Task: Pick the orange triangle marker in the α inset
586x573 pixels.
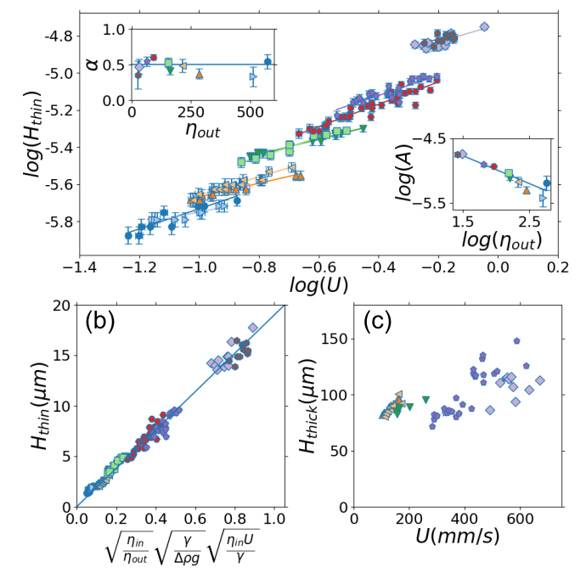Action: [x=199, y=75]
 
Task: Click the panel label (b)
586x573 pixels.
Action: [x=103, y=322]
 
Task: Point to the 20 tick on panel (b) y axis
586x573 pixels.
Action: [x=59, y=306]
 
